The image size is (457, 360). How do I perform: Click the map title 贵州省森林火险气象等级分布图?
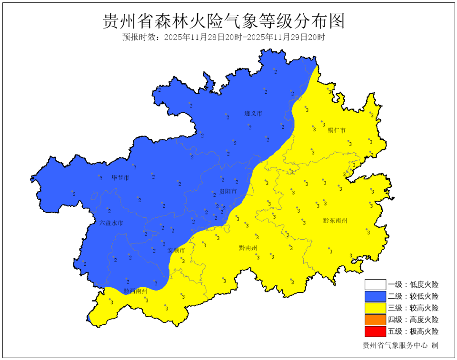point(223,20)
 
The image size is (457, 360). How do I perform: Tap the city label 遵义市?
point(254,114)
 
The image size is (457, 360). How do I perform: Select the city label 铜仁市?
point(337,130)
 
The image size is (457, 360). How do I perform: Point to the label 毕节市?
point(120,178)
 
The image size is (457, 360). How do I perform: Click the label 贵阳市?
point(228,191)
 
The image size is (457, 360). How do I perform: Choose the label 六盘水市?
point(111,223)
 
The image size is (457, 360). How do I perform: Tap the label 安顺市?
point(177,250)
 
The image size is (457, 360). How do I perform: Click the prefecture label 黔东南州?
point(335,220)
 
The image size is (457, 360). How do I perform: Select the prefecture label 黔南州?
point(248,248)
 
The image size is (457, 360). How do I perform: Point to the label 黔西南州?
point(135,291)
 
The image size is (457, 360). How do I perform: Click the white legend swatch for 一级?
point(375,284)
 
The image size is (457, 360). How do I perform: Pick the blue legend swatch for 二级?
point(375,296)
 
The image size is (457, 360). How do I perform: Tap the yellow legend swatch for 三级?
point(375,308)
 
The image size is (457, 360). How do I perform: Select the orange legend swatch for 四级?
point(375,320)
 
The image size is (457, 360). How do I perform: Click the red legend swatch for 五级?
point(375,331)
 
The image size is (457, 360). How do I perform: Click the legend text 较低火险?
point(424,296)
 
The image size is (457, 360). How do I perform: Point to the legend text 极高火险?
point(424,331)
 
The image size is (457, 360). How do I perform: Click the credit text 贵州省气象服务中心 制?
point(400,346)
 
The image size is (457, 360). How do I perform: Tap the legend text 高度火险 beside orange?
point(424,320)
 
